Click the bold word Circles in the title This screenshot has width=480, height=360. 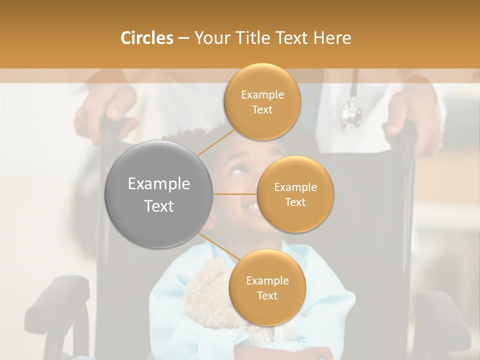pyautogui.click(x=147, y=38)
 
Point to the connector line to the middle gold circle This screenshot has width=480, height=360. pyautogui.click(x=235, y=194)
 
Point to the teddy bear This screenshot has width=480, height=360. pyautogui.click(x=207, y=295)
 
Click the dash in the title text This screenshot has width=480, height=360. pyautogui.click(x=183, y=38)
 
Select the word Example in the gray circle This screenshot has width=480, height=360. pyautogui.click(x=159, y=184)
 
